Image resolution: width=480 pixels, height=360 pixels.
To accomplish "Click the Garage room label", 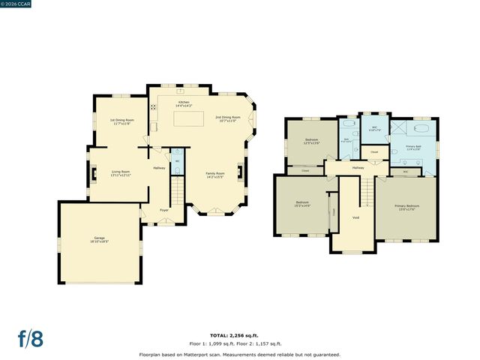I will [100, 241].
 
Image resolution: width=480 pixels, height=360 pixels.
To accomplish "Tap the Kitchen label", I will [184, 103].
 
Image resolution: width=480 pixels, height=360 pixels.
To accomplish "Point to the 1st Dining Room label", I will [122, 121].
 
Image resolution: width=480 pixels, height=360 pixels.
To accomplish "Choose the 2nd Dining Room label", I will [227, 118].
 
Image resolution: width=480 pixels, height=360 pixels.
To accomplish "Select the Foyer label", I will [163, 220].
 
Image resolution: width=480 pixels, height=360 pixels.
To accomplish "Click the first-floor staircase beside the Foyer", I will [177, 193].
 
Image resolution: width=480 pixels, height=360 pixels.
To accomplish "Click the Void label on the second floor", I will [355, 217].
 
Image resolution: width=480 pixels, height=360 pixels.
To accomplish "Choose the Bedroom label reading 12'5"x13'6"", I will [311, 140].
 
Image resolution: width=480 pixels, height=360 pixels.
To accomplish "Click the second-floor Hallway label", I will [358, 168].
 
